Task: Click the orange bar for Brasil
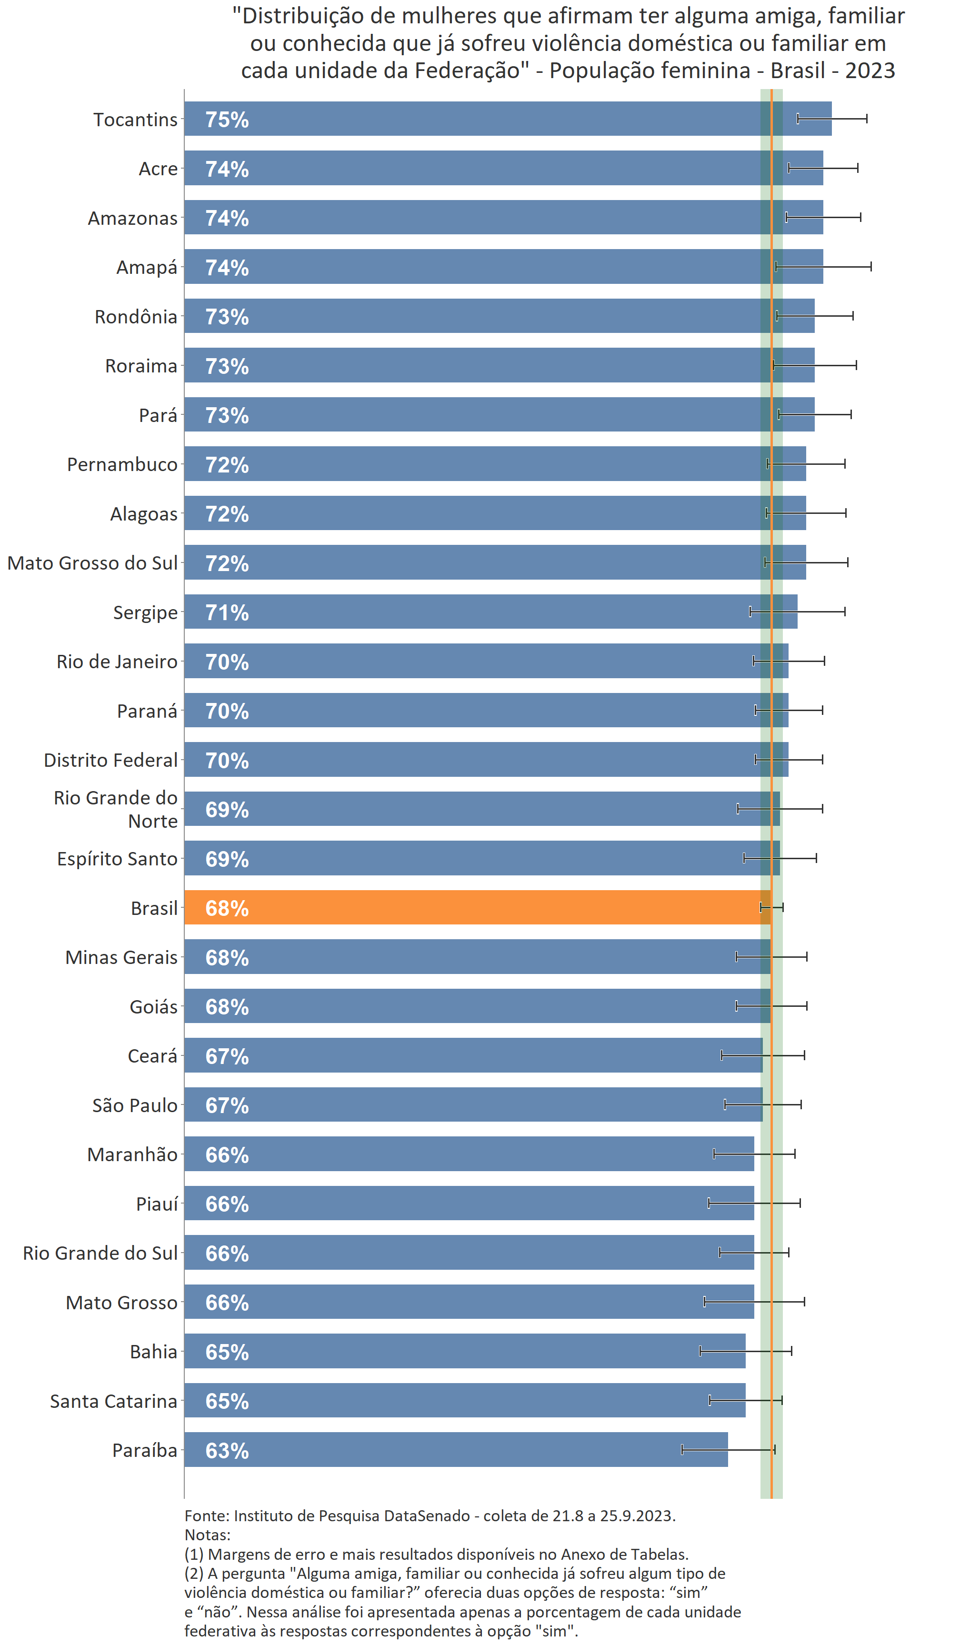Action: (x=477, y=907)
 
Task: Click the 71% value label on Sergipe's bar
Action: (x=227, y=612)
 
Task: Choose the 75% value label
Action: (x=227, y=120)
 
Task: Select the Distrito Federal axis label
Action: (x=110, y=760)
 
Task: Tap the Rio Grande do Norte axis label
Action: (x=116, y=809)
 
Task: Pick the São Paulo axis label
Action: (x=135, y=1105)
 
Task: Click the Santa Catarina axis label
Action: (x=114, y=1400)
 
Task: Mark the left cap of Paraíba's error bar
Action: (x=682, y=1449)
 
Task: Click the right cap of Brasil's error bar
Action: (x=782, y=907)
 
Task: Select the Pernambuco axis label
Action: (x=122, y=464)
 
